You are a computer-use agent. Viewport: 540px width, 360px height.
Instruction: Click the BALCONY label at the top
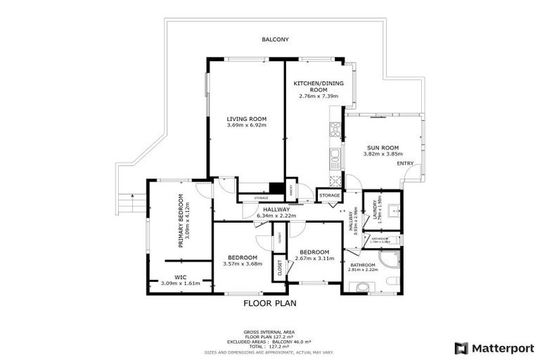[x=275, y=40]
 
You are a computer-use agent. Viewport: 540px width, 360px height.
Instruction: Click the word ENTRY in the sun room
[x=405, y=163]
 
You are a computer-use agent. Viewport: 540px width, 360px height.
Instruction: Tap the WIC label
[x=180, y=277]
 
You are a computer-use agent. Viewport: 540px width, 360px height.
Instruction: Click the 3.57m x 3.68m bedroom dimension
[x=242, y=264]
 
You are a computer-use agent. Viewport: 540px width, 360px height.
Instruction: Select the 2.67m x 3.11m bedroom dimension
[x=314, y=259]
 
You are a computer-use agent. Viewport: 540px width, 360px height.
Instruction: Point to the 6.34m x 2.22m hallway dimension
[x=276, y=216]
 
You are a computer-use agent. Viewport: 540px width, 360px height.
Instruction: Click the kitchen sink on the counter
[x=336, y=154]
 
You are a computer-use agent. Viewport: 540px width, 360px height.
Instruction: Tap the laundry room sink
[x=394, y=209]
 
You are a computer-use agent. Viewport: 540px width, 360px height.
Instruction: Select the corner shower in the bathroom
[x=390, y=259]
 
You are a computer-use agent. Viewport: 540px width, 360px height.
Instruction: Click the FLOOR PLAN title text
[x=270, y=304]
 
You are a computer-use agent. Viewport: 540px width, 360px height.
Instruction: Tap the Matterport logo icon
[x=461, y=347]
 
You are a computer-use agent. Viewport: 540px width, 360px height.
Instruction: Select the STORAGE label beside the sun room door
[x=329, y=195]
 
